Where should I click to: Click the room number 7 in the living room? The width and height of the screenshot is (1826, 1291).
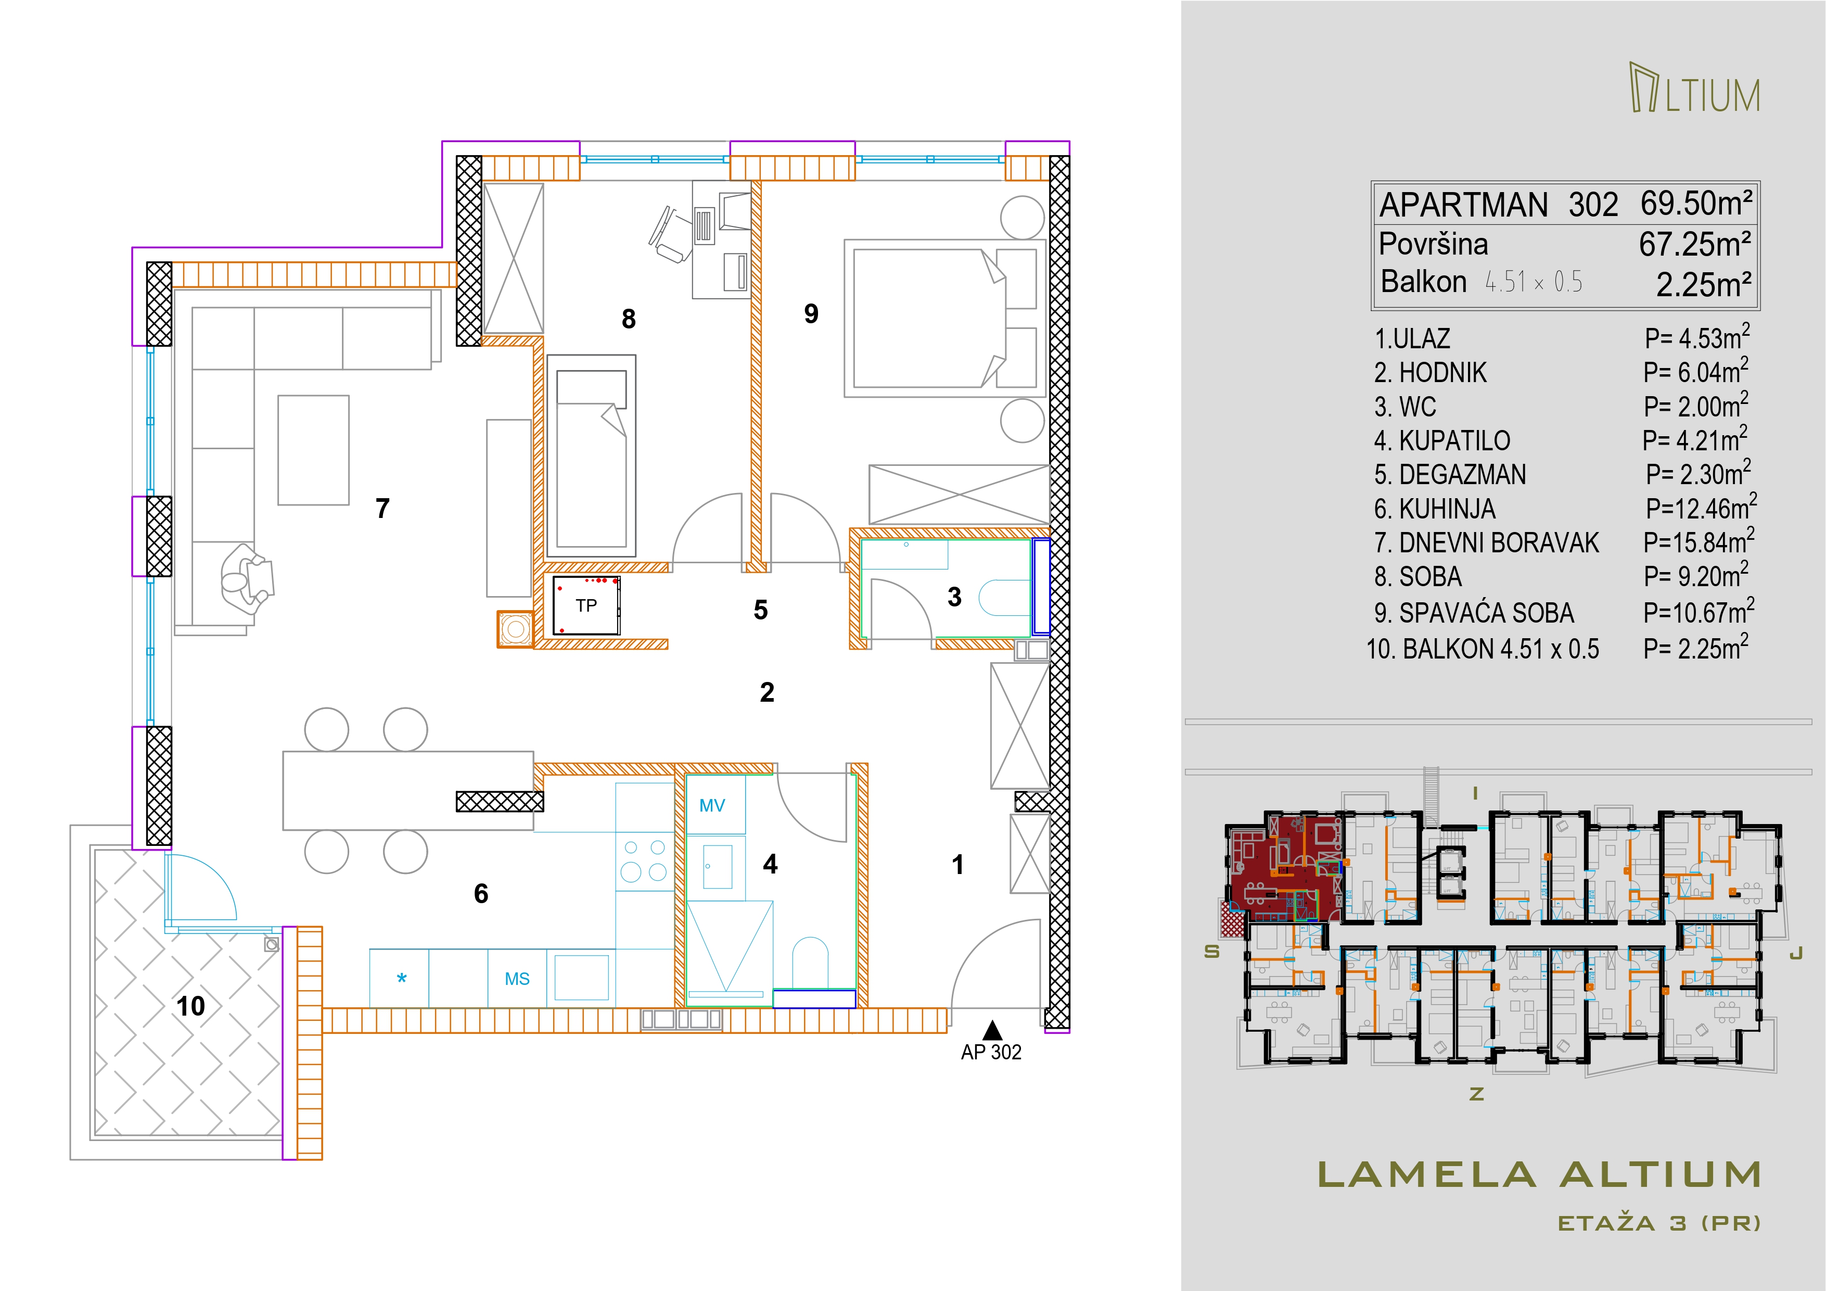(x=382, y=508)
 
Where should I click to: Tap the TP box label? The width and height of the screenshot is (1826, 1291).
(x=586, y=605)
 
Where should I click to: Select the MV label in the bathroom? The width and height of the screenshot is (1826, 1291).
(x=712, y=806)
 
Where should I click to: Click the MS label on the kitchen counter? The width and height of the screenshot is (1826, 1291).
(x=517, y=979)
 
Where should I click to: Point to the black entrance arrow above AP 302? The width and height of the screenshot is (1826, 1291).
(x=992, y=1030)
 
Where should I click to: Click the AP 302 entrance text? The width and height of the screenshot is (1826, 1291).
(x=991, y=1053)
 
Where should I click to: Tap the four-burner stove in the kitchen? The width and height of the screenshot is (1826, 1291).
(x=644, y=860)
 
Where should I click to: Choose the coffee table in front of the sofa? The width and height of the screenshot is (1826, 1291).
(x=313, y=450)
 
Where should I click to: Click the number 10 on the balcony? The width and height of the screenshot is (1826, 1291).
(x=191, y=1006)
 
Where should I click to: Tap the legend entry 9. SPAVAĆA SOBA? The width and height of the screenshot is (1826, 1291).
(x=1474, y=613)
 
